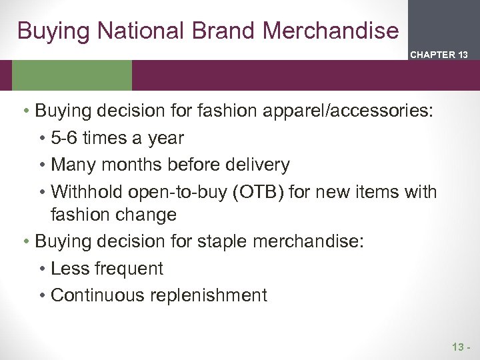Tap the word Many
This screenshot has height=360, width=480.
pos(71,164)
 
